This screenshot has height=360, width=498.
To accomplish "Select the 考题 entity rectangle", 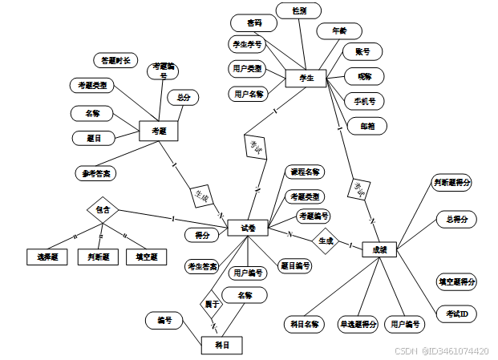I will coord(158,131).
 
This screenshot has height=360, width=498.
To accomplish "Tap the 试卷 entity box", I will coord(248,229).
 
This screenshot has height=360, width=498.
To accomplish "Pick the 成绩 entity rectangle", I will coord(380,249).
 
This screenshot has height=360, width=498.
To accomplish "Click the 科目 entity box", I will coord(221,345).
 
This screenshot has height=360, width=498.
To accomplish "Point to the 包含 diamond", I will coord(103,209).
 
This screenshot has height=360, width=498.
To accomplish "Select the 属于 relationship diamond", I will coord(212,304).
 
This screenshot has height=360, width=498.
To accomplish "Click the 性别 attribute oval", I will coord(298,10).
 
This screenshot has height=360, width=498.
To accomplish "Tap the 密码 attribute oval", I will coord(253,23).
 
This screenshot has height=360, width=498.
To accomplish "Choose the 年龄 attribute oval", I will coord(333,32).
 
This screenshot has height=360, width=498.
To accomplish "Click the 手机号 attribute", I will coord(364,102).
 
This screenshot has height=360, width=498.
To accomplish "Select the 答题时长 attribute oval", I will coord(116,60).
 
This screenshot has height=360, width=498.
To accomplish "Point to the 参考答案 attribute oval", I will coord(98,172).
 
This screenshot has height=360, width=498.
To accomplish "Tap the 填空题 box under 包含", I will coord(146,257).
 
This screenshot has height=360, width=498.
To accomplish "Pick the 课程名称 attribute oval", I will coord(305,172).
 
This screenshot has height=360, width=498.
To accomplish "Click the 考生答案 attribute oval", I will coord(203,266).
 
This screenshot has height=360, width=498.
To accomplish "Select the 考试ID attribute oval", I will coord(456,313).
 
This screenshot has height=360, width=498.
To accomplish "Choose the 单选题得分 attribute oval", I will coord(358,325).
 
